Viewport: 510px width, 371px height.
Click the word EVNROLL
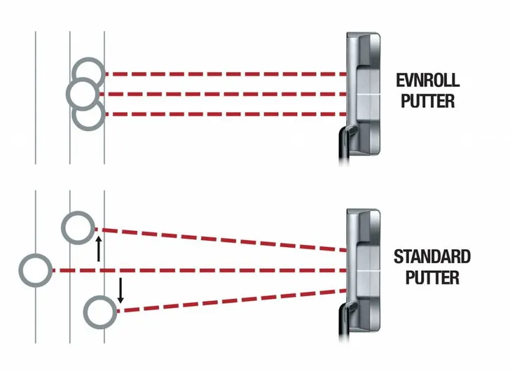(x=427, y=80)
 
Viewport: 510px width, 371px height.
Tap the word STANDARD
(x=432, y=257)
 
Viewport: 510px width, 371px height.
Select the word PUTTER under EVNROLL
(x=427, y=101)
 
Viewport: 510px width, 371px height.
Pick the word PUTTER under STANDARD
(x=432, y=278)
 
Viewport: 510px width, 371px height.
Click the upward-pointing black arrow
(x=99, y=248)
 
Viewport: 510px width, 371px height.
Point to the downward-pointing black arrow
(x=120, y=290)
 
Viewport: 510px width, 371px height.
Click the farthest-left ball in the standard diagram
(x=20, y=270)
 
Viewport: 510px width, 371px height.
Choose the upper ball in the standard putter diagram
(x=78, y=212)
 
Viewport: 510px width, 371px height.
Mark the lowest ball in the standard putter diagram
(x=100, y=296)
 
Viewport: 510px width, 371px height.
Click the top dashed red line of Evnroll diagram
(x=226, y=74)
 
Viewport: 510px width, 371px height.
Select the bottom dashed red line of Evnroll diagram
(x=226, y=114)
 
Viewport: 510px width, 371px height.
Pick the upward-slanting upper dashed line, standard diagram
(x=221, y=240)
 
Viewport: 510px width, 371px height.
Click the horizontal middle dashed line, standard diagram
(x=199, y=270)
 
